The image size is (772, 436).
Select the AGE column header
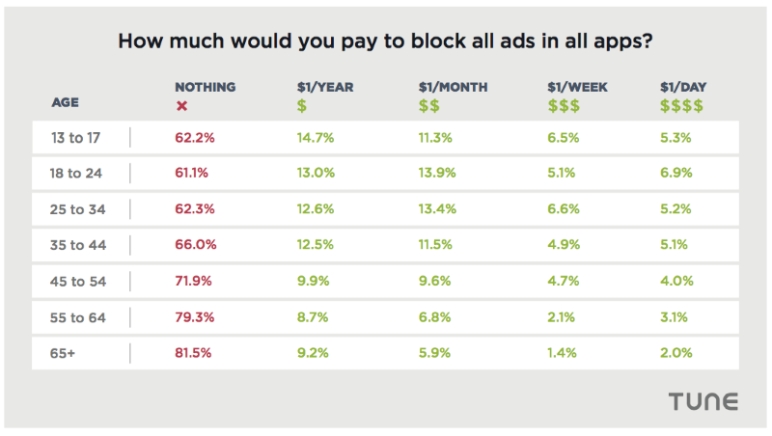pos(66,101)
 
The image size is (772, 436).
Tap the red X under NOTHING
pos(181,105)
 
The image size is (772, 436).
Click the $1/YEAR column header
pos(325,87)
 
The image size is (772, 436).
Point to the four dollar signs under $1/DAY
pos(681,105)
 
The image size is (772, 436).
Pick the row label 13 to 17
pos(77,138)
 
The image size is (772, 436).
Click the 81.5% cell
pos(194,353)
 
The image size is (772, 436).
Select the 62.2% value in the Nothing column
pos(194,138)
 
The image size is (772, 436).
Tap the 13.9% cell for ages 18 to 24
pos(438,174)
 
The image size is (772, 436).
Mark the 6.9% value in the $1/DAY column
pos(675,174)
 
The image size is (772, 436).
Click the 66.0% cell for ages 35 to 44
pos(195,245)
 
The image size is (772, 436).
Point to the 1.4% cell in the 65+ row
pos(562,353)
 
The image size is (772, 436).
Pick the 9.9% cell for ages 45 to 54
pos(314,282)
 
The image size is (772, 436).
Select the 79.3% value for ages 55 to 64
pos(195,317)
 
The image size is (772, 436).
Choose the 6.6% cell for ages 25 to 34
pos(563,209)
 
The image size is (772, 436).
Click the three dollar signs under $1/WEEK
pos(565,105)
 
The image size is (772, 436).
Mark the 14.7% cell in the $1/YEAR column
pos(316,138)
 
